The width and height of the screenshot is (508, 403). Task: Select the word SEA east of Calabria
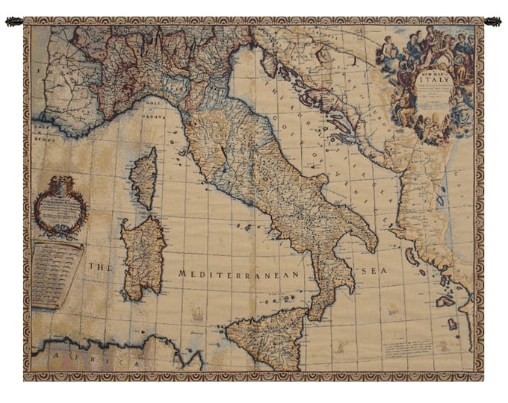pyautogui.click(x=374, y=272)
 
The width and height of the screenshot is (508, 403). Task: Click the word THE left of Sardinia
pyautogui.click(x=99, y=266)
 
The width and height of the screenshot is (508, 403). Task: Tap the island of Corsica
pyautogui.click(x=144, y=178)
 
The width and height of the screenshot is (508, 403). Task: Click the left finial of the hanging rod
pyautogui.click(x=13, y=22)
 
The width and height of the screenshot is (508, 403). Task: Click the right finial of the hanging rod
pyautogui.click(x=493, y=22)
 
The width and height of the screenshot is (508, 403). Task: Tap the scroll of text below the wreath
pyautogui.click(x=57, y=272)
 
